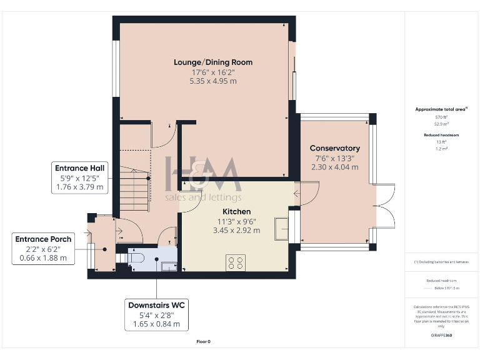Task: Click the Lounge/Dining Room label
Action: click(213, 62)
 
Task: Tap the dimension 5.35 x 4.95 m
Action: click(213, 81)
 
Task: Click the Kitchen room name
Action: click(236, 212)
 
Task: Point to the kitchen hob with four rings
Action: click(236, 262)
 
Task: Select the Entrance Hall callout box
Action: click(79, 177)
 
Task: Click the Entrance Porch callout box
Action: click(44, 248)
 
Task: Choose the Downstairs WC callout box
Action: click(157, 314)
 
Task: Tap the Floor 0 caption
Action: click(204, 342)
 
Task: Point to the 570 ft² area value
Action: click(442, 117)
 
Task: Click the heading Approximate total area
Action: click(441, 109)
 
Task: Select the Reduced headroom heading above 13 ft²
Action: click(442, 134)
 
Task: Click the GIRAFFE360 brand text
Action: click(442, 336)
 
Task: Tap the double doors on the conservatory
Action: click(386, 207)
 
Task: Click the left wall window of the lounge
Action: click(115, 69)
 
